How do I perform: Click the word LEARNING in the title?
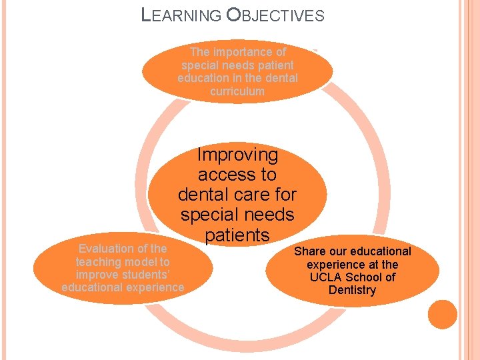click(182, 15)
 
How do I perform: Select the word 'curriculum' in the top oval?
click(237, 91)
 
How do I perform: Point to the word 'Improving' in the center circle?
click(237, 155)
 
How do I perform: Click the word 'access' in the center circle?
click(219, 175)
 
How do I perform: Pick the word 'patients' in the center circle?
click(237, 235)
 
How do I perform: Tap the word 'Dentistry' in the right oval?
click(353, 290)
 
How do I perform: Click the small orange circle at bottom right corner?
click(443, 314)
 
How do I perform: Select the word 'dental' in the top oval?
click(281, 78)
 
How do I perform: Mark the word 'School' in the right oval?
click(364, 277)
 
